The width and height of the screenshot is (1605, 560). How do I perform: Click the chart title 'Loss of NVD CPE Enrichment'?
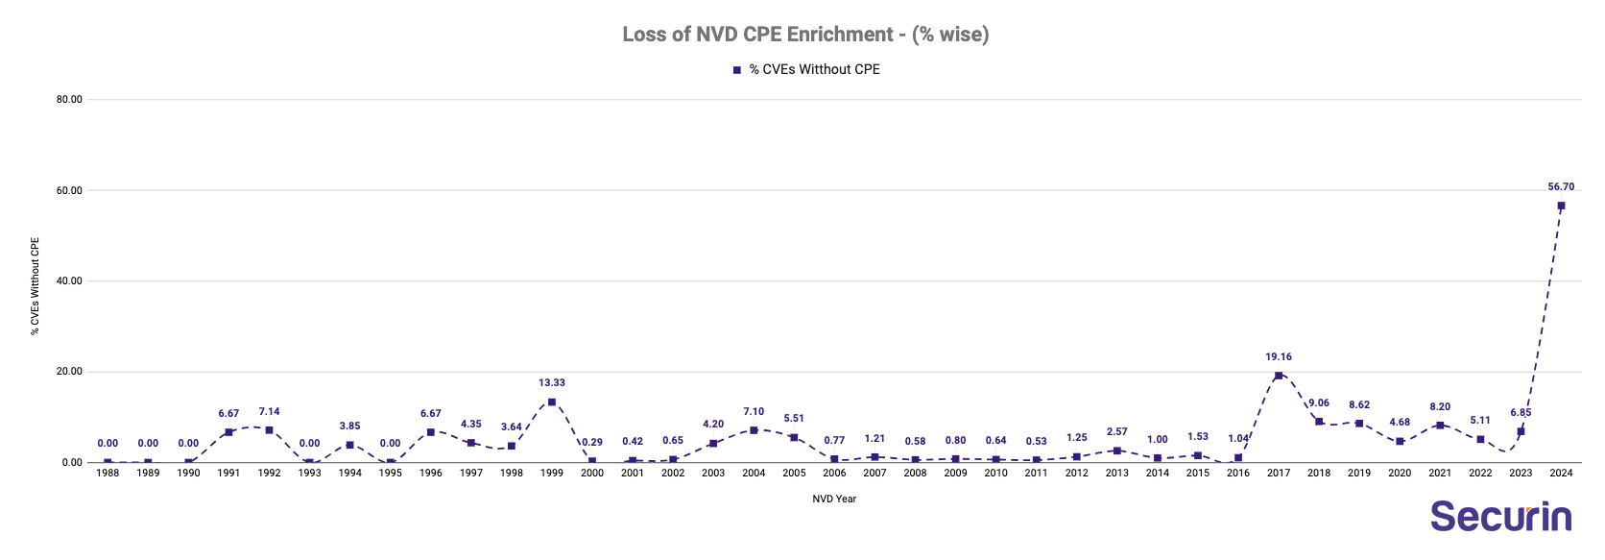pyautogui.click(x=804, y=35)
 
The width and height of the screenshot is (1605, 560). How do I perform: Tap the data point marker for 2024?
pyautogui.click(x=1561, y=206)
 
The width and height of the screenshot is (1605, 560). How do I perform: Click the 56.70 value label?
pyautogui.click(x=1561, y=187)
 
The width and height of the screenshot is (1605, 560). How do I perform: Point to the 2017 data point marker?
pyautogui.click(x=1278, y=376)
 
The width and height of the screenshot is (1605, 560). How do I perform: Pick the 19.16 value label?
pyautogui.click(x=1278, y=357)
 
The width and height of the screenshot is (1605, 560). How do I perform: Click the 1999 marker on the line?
pyautogui.click(x=551, y=402)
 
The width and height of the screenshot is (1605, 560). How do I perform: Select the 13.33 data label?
pyautogui.click(x=551, y=383)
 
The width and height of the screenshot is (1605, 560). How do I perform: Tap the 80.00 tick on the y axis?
pyautogui.click(x=69, y=99)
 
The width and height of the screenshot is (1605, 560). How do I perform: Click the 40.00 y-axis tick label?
pyautogui.click(x=69, y=281)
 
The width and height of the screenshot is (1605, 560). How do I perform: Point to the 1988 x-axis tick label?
pyautogui.click(x=108, y=474)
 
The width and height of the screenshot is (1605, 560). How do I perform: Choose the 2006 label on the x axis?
pyautogui.click(x=834, y=474)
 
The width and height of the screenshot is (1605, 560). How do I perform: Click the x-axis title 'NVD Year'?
pyautogui.click(x=834, y=499)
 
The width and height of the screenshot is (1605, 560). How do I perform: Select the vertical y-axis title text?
pyautogui.click(x=35, y=285)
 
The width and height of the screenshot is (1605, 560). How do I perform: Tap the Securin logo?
pyautogui.click(x=1500, y=517)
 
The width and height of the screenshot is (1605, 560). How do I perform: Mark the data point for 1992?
pyautogui.click(x=269, y=430)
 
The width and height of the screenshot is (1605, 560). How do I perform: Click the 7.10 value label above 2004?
pyautogui.click(x=754, y=412)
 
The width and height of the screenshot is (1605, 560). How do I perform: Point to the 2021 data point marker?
pyautogui.click(x=1440, y=426)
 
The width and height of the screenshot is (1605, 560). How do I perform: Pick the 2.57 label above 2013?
pyautogui.click(x=1116, y=432)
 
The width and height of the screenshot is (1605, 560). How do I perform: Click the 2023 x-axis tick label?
pyautogui.click(x=1521, y=474)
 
